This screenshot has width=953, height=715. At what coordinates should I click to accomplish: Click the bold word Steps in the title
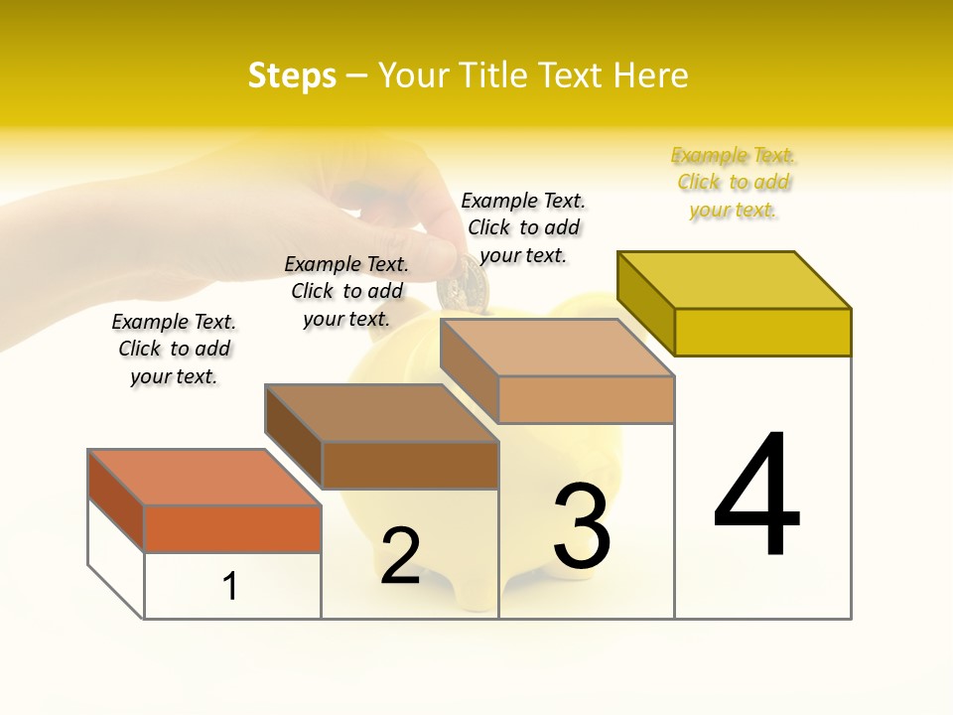point(292,75)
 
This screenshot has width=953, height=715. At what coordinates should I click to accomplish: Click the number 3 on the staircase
point(582,525)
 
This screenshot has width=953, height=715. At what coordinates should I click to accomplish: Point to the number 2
point(400,555)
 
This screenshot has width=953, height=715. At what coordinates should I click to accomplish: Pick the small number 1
point(230,586)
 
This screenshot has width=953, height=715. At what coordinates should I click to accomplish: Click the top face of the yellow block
point(735,279)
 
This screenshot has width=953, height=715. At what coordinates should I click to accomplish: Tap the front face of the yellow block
point(762,332)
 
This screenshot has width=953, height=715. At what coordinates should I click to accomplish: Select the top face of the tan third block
point(557,348)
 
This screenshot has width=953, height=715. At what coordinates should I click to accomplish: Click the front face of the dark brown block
point(410,465)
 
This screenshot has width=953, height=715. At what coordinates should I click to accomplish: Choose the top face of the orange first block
point(204,477)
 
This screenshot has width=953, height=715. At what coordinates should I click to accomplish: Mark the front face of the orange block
point(232,528)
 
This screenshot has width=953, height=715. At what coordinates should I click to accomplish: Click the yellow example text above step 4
point(734,183)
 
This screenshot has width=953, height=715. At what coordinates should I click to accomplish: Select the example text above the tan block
point(523,227)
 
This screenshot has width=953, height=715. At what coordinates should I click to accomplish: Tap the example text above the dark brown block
point(346,291)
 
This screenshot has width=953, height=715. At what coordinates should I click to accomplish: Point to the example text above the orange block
point(174,349)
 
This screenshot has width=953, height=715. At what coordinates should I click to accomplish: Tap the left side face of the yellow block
point(645,303)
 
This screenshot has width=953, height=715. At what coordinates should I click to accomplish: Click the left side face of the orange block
point(116,500)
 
